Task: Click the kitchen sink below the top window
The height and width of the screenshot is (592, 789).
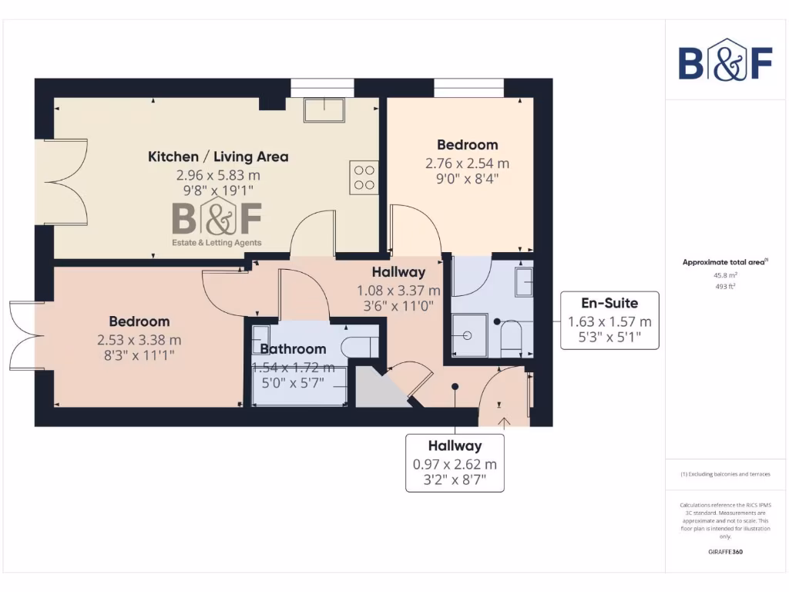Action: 326,110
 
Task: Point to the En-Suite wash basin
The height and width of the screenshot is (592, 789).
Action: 525,282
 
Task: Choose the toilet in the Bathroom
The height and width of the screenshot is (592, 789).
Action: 359,345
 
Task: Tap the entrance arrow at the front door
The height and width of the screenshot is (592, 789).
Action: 505,422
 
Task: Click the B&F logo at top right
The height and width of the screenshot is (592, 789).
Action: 725,60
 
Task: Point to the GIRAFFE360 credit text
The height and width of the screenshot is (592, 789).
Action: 724,552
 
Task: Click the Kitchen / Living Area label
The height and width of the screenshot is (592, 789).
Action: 218,156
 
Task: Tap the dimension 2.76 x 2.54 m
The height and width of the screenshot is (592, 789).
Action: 467,163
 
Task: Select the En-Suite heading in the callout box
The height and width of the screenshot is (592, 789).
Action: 609,304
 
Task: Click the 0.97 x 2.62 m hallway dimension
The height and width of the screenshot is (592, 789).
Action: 455,465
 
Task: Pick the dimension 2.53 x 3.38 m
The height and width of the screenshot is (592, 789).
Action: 139,339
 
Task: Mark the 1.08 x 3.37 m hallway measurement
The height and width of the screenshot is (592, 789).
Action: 398,291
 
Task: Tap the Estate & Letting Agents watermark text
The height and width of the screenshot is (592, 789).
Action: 216,243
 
